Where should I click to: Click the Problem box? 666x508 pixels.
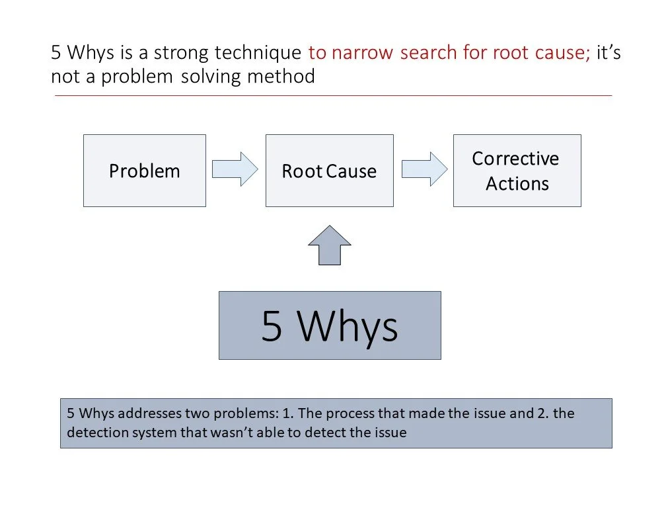144,171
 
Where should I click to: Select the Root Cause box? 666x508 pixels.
329,171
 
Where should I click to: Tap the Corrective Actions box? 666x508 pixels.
517,171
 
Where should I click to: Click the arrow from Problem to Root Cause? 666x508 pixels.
235,169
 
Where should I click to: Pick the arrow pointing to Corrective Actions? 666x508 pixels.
424,169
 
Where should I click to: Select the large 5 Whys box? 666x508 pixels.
329,325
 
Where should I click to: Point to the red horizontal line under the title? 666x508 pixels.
333,96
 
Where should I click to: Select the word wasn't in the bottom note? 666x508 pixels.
231,433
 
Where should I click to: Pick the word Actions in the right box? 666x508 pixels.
517,183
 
